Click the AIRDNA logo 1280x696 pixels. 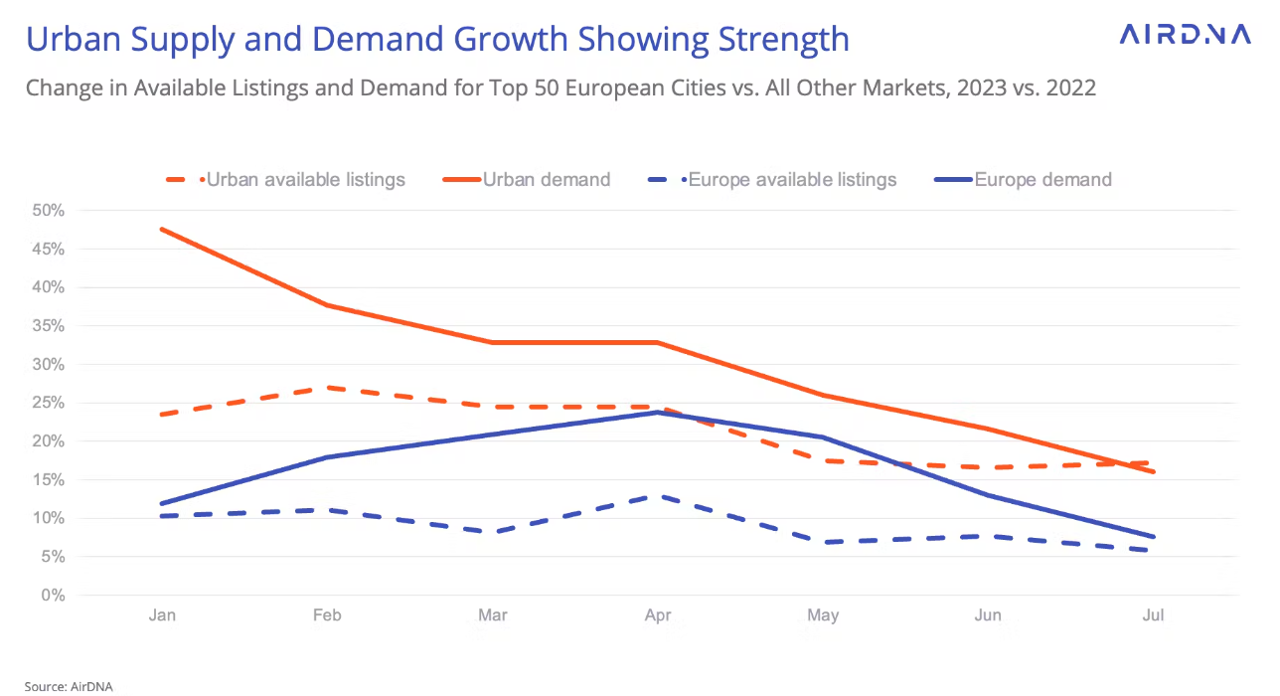click(1185, 35)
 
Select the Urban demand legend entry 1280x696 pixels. click(546, 180)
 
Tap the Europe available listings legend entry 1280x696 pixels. click(792, 180)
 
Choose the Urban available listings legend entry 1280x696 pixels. click(305, 180)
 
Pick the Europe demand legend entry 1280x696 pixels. click(1042, 180)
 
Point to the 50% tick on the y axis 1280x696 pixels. click(47, 211)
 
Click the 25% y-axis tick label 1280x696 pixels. click(47, 403)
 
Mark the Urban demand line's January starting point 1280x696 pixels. click(162, 229)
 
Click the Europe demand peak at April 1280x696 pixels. click(658, 412)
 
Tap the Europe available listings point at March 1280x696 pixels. click(493, 532)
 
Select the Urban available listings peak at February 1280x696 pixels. click(327, 388)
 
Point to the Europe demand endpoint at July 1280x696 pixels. click(1153, 537)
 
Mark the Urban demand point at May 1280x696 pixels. click(823, 395)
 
